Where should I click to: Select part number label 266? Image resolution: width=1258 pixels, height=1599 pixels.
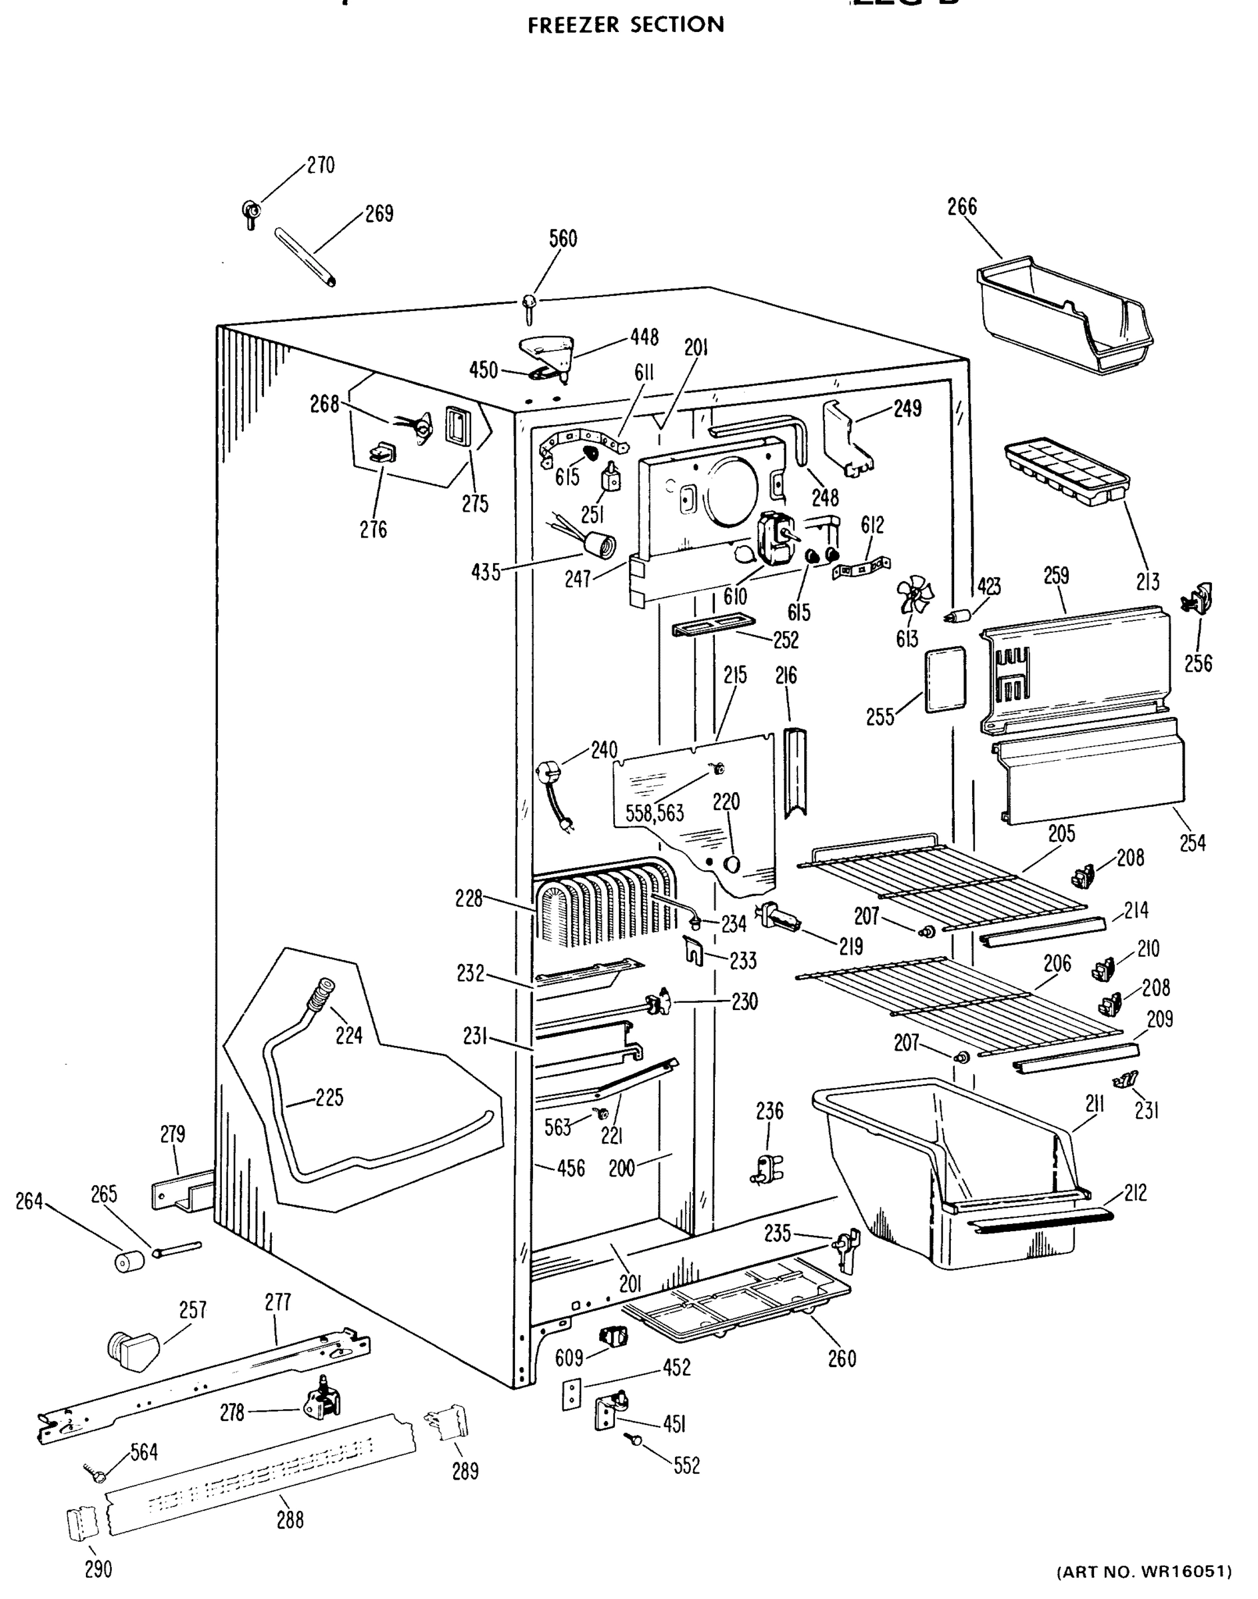pos(962,207)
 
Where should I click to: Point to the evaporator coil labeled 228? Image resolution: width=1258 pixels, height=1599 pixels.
pos(604,906)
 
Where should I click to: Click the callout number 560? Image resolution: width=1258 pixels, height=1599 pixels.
pos(563,239)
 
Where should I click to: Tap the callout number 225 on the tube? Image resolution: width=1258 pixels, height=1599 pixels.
pos(328,1097)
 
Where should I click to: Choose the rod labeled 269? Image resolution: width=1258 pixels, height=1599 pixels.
pos(305,257)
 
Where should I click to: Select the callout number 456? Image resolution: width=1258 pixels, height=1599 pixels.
pos(570,1168)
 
